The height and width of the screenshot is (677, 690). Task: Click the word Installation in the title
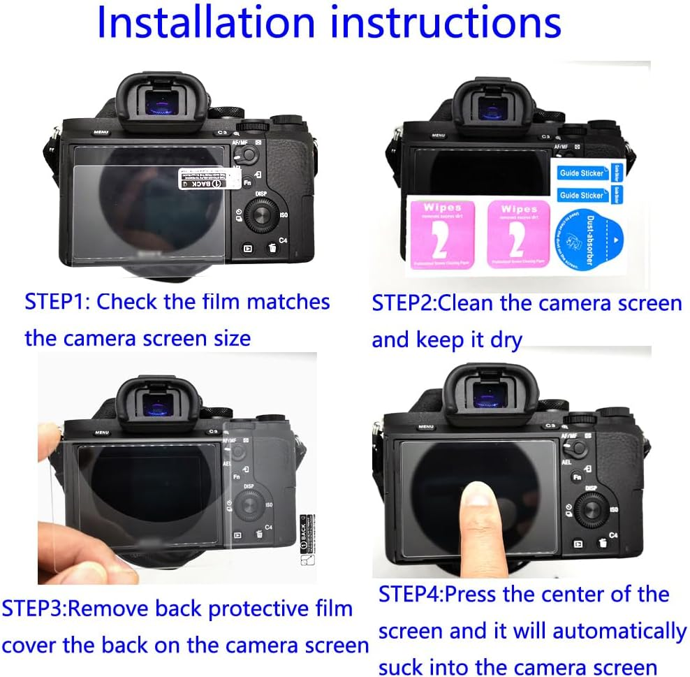coord(207,22)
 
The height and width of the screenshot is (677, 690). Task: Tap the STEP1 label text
coord(57,302)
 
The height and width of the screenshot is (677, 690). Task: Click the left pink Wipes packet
coord(441,234)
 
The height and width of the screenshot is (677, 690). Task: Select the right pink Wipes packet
coord(517,234)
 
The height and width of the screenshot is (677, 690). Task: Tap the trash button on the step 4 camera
coord(601,542)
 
